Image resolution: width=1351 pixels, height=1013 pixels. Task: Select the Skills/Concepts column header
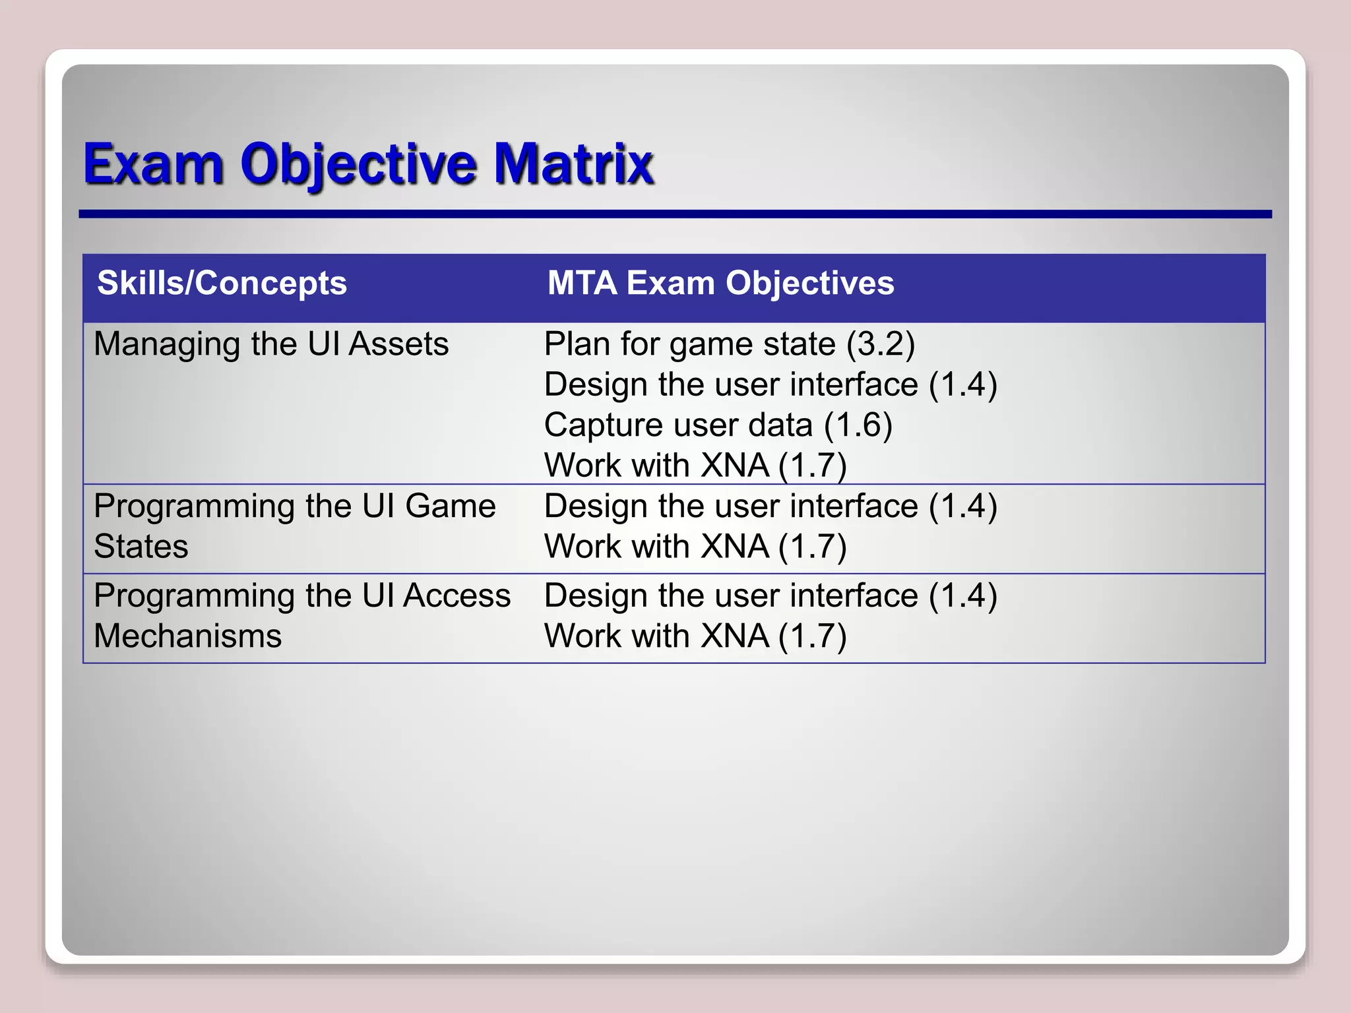click(222, 283)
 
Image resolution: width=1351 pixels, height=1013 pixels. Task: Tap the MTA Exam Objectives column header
click(720, 283)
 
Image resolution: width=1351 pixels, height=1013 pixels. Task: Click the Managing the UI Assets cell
click(271, 344)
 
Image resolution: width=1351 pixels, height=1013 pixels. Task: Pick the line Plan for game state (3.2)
click(729, 344)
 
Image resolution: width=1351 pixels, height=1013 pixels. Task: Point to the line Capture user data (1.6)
click(718, 425)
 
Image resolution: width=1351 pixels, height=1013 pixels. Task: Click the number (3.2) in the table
click(881, 344)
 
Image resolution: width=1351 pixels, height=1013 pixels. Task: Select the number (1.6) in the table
click(858, 425)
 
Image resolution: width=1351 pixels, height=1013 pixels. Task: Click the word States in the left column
click(141, 547)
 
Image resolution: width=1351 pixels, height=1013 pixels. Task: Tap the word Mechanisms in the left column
click(188, 636)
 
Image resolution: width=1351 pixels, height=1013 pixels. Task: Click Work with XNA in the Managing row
click(656, 466)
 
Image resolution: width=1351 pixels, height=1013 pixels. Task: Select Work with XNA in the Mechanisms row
click(656, 636)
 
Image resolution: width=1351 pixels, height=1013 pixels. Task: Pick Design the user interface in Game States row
click(731, 506)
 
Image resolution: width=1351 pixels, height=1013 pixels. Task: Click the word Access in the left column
click(456, 596)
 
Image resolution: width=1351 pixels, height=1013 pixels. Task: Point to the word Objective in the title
click(358, 165)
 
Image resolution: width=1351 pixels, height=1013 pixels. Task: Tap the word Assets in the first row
click(398, 344)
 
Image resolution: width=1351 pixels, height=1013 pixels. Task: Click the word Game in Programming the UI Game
click(450, 506)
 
